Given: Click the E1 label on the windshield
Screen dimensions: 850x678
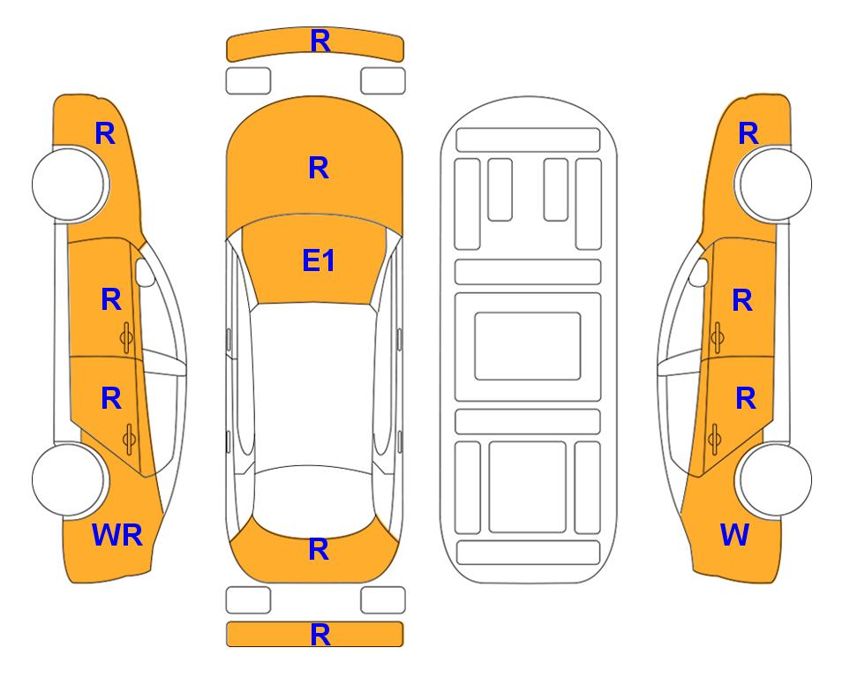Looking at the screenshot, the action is [x=319, y=260].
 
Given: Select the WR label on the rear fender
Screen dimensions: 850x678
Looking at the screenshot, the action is [x=117, y=535].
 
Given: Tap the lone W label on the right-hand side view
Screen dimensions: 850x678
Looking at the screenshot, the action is [x=734, y=535].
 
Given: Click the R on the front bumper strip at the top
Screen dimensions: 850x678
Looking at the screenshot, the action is [x=320, y=41].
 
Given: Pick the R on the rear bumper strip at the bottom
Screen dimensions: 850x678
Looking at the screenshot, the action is [x=320, y=635].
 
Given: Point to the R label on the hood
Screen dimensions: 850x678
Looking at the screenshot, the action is [x=319, y=168].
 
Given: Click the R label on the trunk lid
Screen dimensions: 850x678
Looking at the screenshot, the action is [x=319, y=549].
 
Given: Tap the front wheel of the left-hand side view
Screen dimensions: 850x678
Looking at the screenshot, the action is [x=69, y=185].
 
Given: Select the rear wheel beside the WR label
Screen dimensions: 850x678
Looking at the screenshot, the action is [x=69, y=480].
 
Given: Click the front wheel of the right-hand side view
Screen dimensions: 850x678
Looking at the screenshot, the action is [x=775, y=185].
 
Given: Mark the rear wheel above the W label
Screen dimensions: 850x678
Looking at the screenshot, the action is [x=775, y=480].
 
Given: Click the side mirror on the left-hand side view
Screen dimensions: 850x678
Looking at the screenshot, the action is [x=145, y=272].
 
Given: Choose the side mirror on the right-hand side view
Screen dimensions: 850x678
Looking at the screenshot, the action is [x=698, y=272].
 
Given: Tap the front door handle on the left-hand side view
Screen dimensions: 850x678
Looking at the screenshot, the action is [x=127, y=337].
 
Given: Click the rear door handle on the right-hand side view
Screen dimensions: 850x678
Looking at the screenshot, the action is [x=715, y=440].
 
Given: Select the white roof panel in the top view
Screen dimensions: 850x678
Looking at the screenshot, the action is [x=314, y=385].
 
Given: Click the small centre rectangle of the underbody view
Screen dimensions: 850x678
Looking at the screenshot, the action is [x=528, y=346].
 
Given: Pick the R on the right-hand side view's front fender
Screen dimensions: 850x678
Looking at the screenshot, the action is [x=748, y=133].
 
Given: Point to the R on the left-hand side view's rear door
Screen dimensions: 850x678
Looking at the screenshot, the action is [x=111, y=399].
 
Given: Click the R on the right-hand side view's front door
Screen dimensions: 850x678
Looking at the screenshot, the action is [x=742, y=300].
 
